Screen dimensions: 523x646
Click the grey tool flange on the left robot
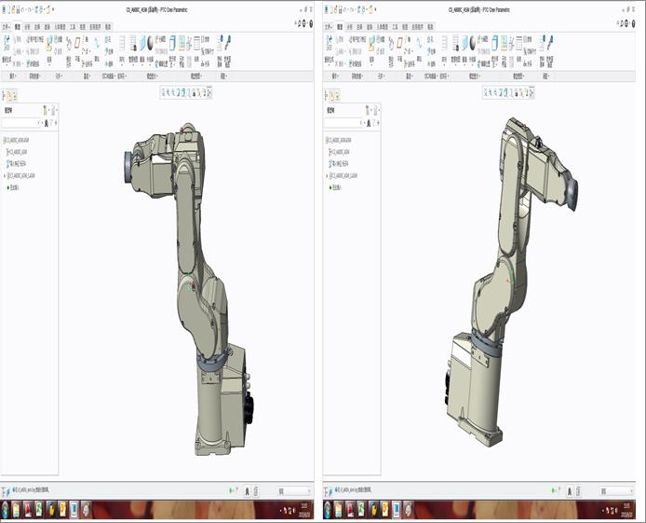point(123,167)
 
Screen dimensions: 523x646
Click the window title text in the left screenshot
point(159,7)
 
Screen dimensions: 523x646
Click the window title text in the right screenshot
point(481,7)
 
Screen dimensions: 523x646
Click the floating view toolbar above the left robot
point(186,92)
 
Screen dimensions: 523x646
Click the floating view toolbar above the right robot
point(507,92)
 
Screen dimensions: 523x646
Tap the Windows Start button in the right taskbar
point(329,510)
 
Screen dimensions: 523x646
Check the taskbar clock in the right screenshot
point(626,510)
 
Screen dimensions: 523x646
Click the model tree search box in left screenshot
point(22,122)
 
